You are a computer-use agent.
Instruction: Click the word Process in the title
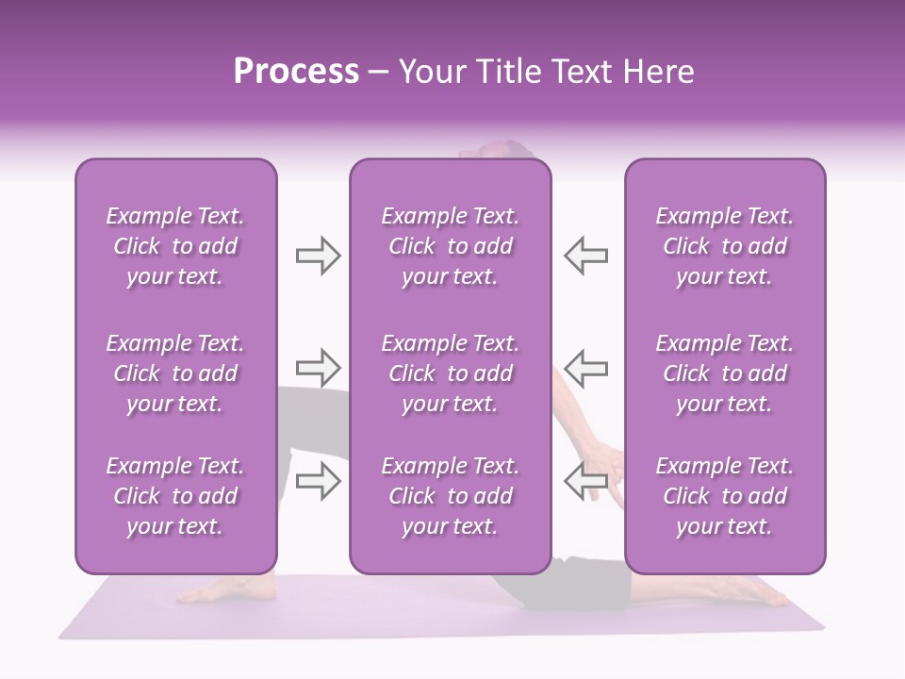pyautogui.click(x=296, y=72)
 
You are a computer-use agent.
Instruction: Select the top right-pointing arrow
pyautogui.click(x=318, y=255)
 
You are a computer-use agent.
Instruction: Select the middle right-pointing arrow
pyautogui.click(x=318, y=367)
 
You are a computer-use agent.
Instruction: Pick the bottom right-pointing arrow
pyautogui.click(x=318, y=481)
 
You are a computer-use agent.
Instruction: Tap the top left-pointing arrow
pyautogui.click(x=586, y=255)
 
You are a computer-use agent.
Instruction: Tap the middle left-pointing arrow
pyautogui.click(x=586, y=367)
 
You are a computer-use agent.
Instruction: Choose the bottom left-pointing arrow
pyautogui.click(x=586, y=481)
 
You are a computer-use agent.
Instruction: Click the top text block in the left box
pyautogui.click(x=175, y=246)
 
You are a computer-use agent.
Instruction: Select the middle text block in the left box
pyautogui.click(x=175, y=373)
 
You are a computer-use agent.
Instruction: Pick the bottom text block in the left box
pyautogui.click(x=175, y=496)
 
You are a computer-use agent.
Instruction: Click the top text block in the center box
pyautogui.click(x=450, y=246)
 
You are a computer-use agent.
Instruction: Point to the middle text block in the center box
pyautogui.click(x=450, y=373)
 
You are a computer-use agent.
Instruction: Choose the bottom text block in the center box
pyautogui.click(x=450, y=496)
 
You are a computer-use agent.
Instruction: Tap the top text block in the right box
pyautogui.click(x=725, y=246)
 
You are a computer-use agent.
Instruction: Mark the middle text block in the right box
pyautogui.click(x=725, y=373)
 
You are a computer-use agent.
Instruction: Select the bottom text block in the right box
pyautogui.click(x=725, y=496)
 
